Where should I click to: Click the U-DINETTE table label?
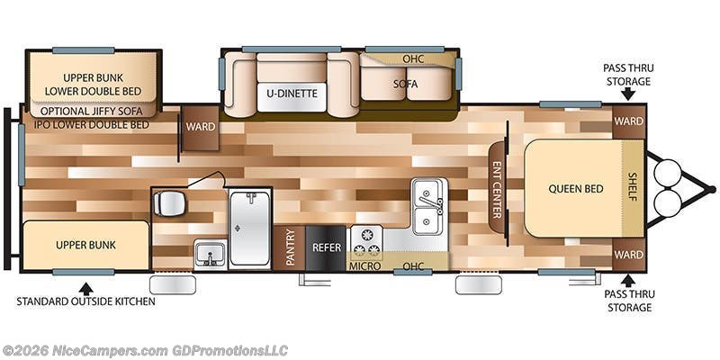(x=292, y=94)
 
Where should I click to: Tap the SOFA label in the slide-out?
(x=406, y=84)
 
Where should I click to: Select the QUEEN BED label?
(x=576, y=189)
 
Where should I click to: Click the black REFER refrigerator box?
(x=327, y=247)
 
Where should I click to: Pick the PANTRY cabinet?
(x=290, y=247)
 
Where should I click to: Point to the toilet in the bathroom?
(x=169, y=203)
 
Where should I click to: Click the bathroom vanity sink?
(x=211, y=255)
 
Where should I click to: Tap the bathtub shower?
(x=249, y=229)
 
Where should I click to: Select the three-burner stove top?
(x=366, y=243)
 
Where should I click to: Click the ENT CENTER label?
(x=497, y=190)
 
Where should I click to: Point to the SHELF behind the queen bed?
(x=633, y=186)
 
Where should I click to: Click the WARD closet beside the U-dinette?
(x=200, y=127)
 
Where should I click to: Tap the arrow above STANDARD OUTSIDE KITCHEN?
(x=85, y=288)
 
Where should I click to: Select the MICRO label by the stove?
(x=365, y=266)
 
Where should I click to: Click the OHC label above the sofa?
(x=413, y=59)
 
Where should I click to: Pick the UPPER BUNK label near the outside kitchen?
(x=85, y=245)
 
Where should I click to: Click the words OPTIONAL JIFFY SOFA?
(x=92, y=111)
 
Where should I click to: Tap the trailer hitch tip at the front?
(x=712, y=189)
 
